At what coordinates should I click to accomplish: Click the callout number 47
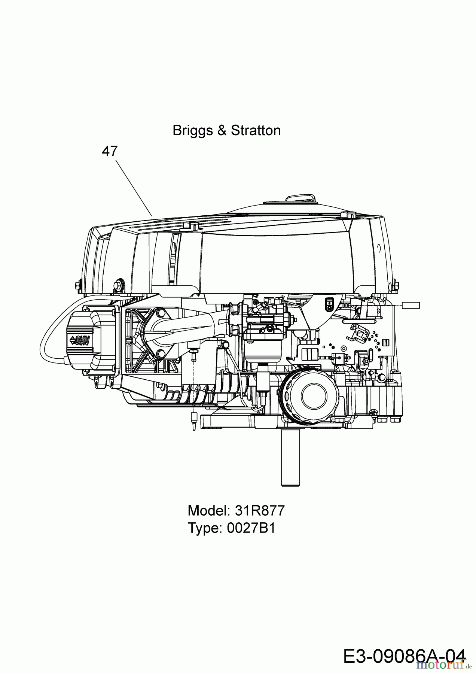110,151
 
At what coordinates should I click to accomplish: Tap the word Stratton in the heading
256,131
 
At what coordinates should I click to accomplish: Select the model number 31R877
260,510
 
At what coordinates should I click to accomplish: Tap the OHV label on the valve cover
80,340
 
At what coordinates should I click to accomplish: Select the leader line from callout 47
134,188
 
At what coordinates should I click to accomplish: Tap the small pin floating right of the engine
411,306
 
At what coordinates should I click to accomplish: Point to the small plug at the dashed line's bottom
193,422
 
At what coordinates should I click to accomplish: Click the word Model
208,510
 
